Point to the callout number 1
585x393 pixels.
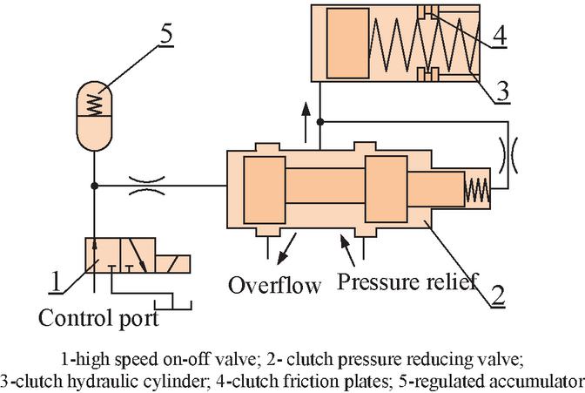55,281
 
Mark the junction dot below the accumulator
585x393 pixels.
94,185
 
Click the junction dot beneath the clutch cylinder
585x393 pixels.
321,120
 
